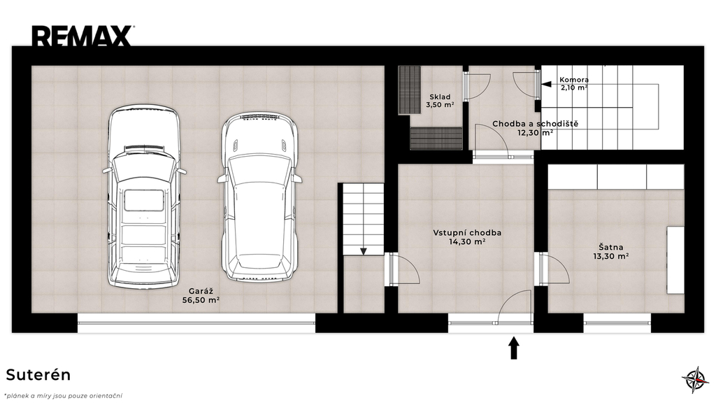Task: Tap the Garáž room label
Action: tap(201, 291)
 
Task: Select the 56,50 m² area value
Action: tap(201, 300)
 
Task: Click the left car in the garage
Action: tap(144, 196)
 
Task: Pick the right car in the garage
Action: tap(259, 197)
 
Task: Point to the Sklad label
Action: tap(440, 97)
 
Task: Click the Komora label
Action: tap(574, 80)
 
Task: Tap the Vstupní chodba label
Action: tap(467, 233)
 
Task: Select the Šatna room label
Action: tap(611, 248)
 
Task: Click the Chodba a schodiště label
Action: tap(535, 124)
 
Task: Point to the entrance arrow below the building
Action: tap(514, 348)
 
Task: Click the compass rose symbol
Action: tap(695, 379)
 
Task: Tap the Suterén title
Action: tap(38, 375)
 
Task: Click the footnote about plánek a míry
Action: tap(63, 396)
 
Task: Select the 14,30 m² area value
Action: tap(467, 242)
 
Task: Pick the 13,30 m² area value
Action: tap(611, 256)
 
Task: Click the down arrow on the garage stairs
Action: tap(364, 251)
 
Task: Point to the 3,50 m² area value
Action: tap(440, 105)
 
